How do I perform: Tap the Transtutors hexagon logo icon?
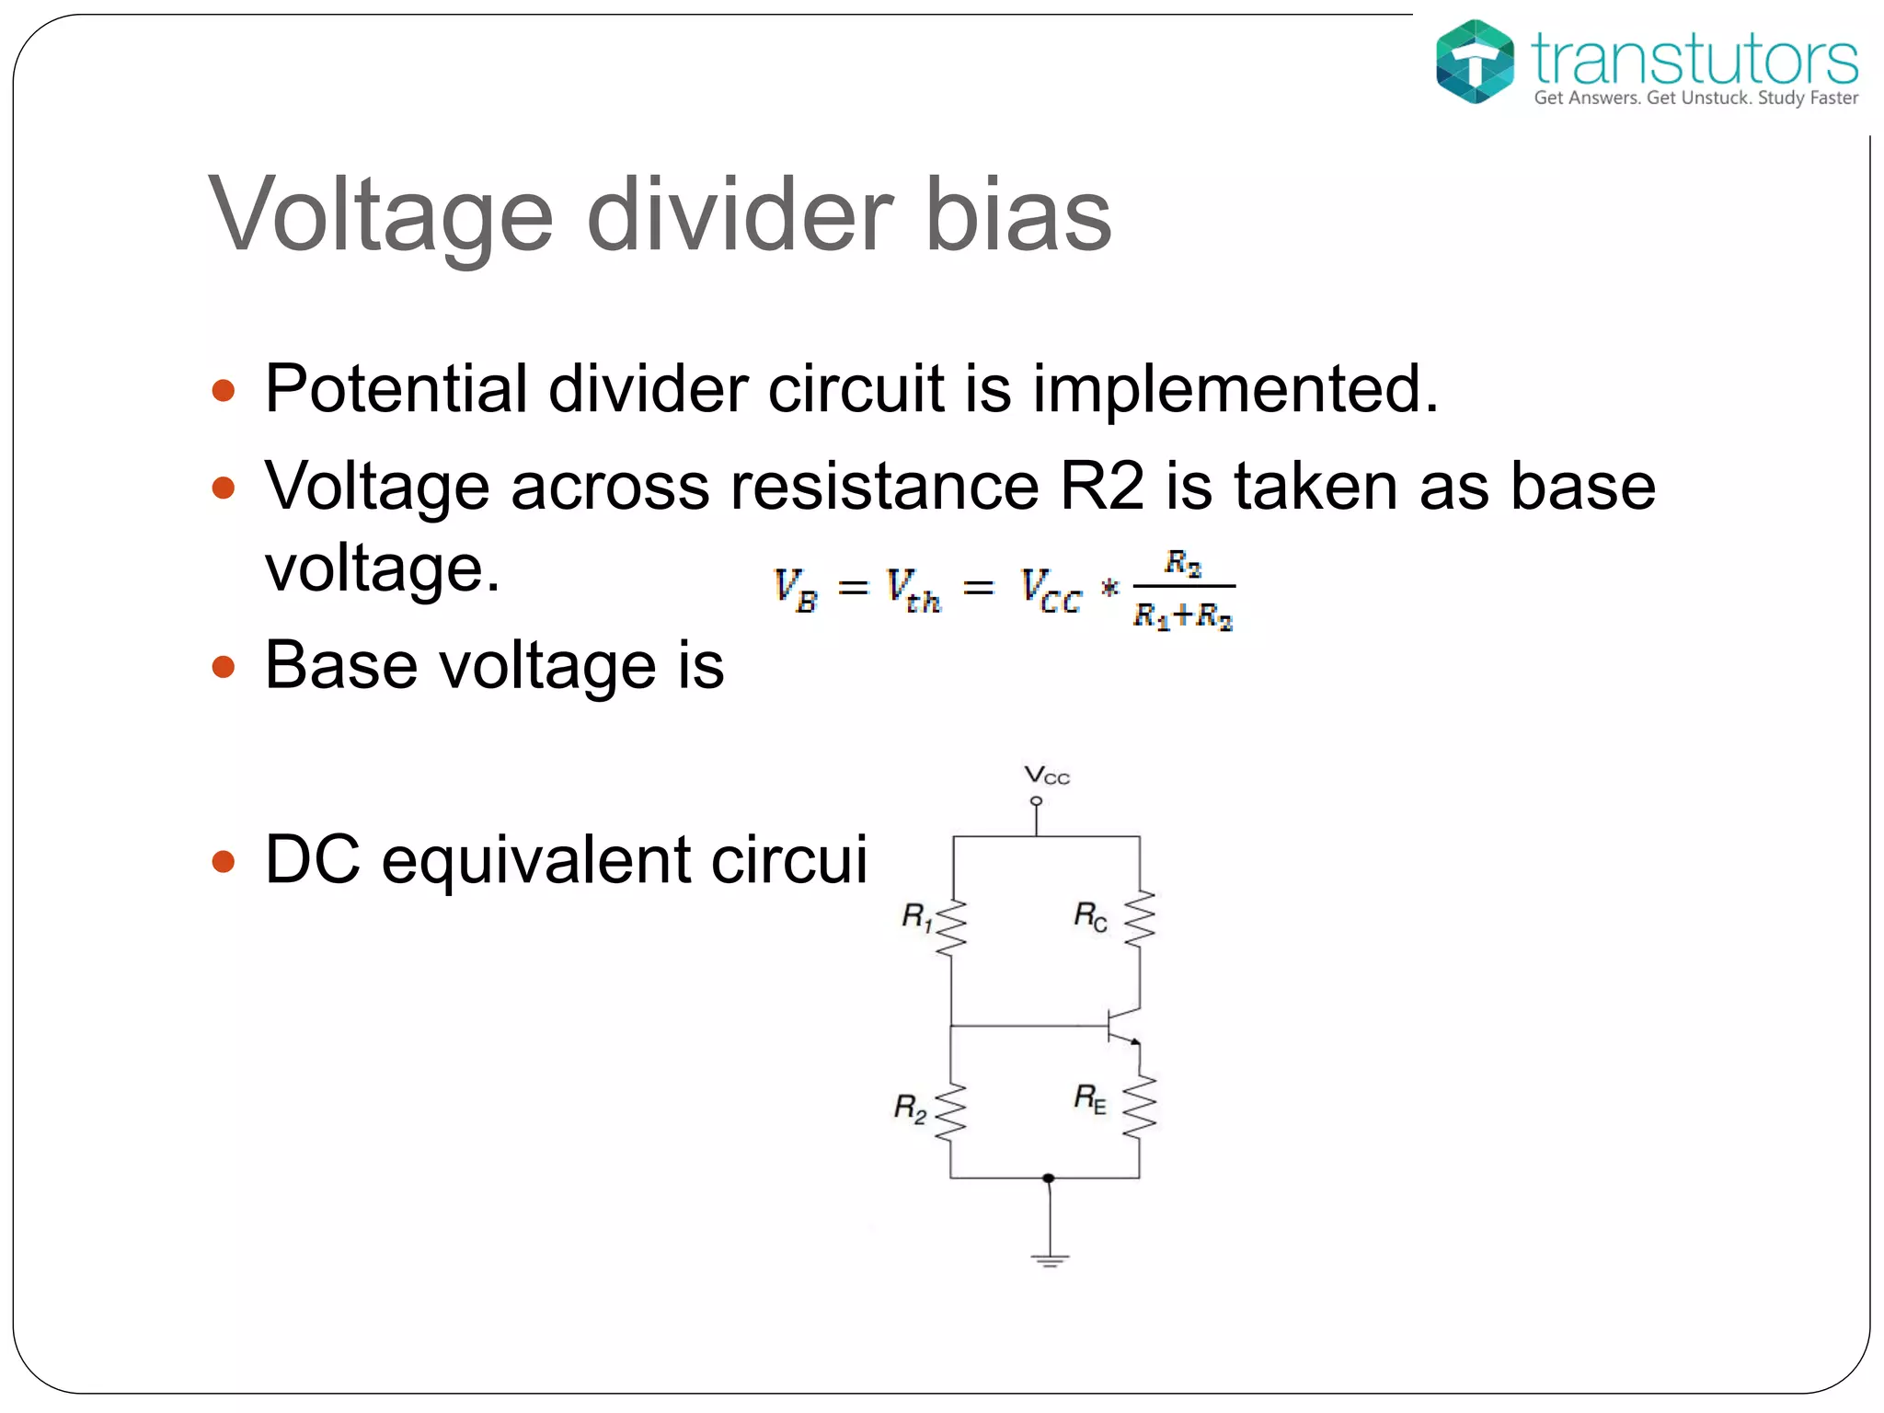pos(1475,62)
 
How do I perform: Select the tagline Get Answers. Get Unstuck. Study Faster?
pos(1695,98)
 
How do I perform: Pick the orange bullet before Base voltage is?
pos(224,665)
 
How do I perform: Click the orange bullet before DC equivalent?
pos(224,861)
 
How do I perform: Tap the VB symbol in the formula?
pos(796,589)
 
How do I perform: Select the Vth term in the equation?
pos(913,590)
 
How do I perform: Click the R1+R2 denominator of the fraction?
pos(1183,615)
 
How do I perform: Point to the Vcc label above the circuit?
pos(1047,775)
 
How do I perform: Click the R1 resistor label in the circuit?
pos(917,916)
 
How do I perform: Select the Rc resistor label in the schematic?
pos(1090,916)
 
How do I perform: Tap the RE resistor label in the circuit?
pos(1090,1097)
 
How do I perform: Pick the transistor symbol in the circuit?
pos(1123,1026)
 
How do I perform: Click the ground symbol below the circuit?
pos(1050,1259)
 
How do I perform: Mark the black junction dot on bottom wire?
pos(1049,1177)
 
